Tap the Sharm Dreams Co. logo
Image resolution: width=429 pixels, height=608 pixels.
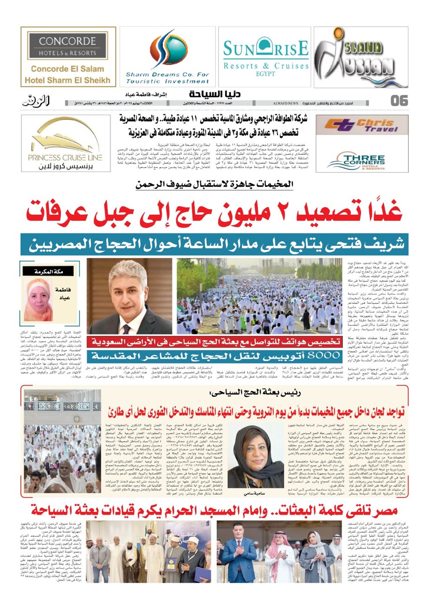(x=167, y=56)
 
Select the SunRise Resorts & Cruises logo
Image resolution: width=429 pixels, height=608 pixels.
(x=266, y=56)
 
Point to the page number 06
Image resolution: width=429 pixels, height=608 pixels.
(x=399, y=101)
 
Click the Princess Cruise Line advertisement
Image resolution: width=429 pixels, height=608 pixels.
(x=65, y=143)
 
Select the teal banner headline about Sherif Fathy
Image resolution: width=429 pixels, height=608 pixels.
(x=214, y=244)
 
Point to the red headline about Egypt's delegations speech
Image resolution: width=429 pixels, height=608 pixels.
(x=214, y=509)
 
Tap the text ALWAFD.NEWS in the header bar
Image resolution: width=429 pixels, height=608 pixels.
(x=286, y=103)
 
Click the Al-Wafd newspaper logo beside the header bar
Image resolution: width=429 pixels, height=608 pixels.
(x=36, y=101)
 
